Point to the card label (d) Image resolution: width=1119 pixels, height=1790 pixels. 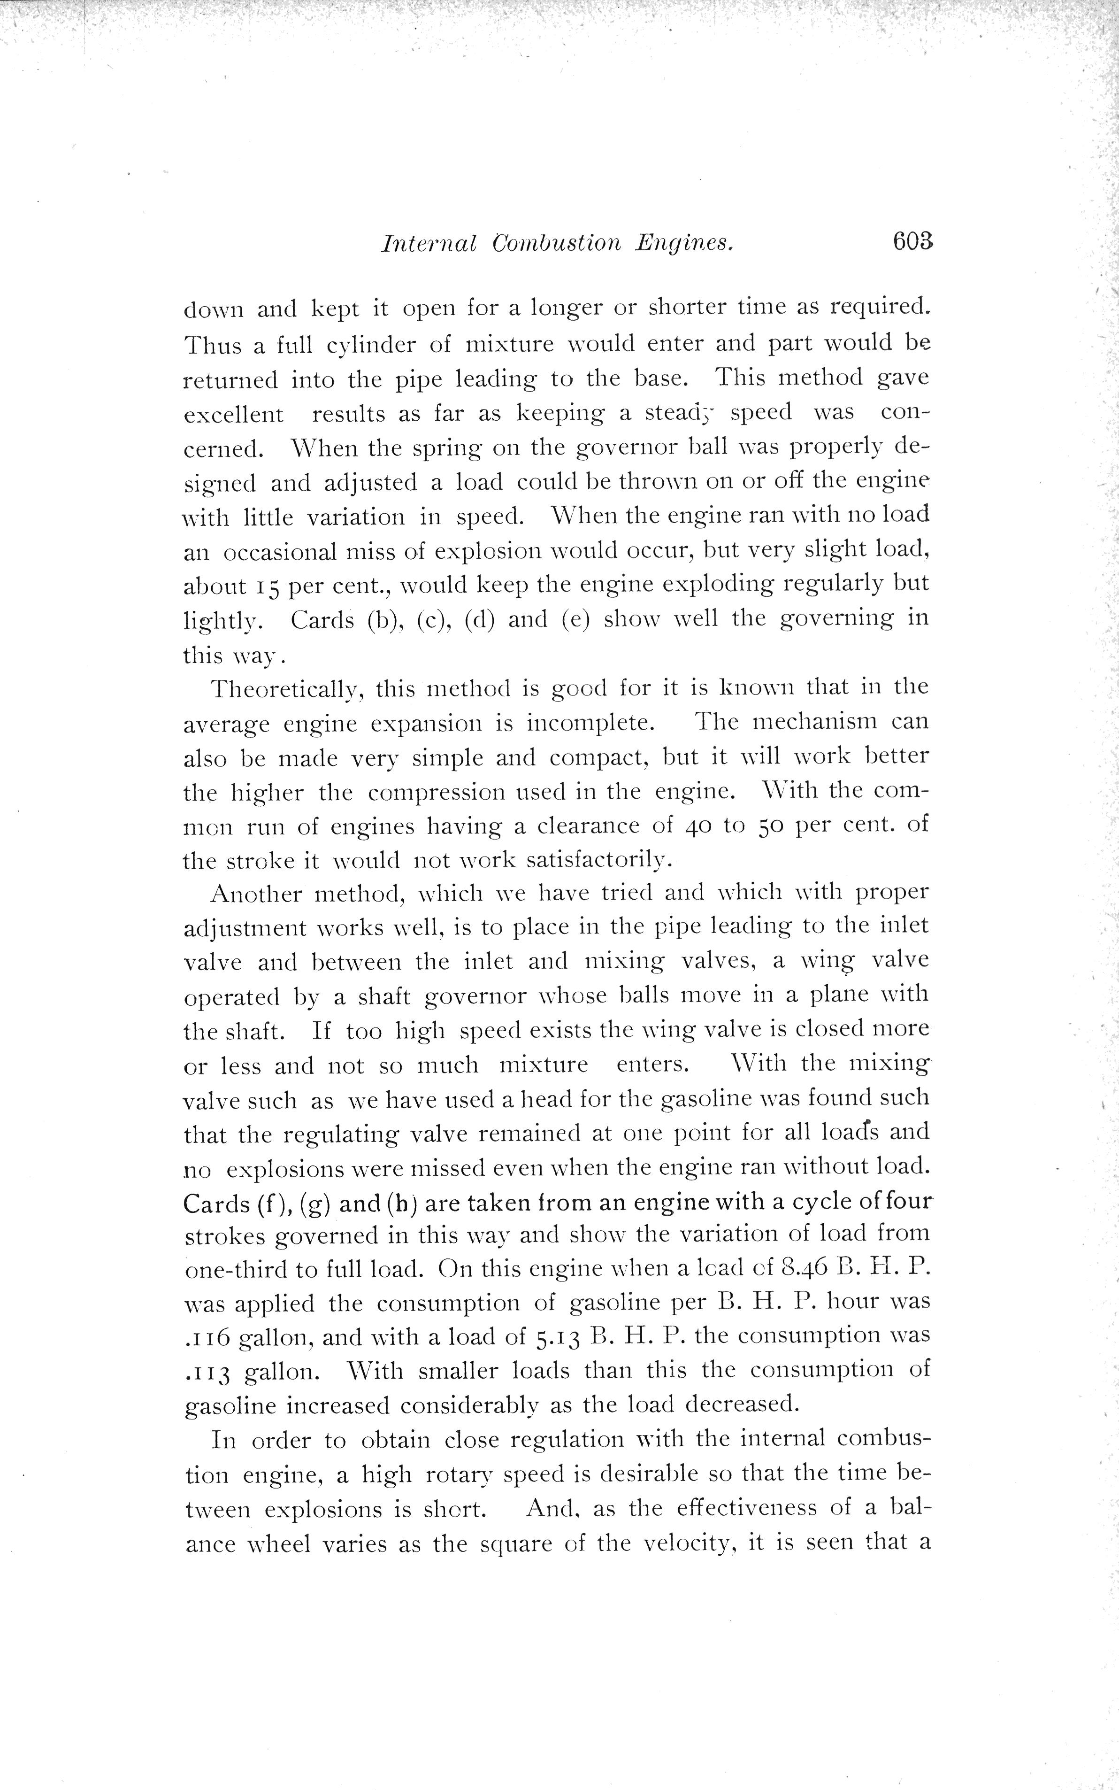pyautogui.click(x=479, y=620)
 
